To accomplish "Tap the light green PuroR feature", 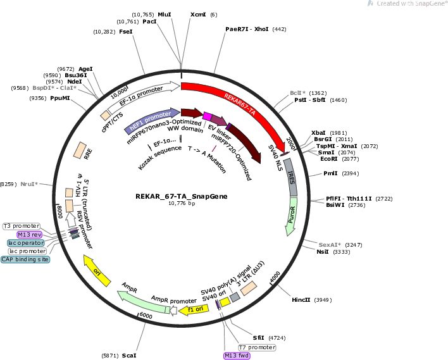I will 292,219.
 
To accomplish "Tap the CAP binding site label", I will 25,259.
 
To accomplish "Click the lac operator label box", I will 26,242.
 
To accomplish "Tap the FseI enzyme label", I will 126,31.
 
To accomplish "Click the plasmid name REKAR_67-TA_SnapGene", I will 182,196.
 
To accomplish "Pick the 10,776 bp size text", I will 182,204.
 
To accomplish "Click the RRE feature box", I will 81,151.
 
